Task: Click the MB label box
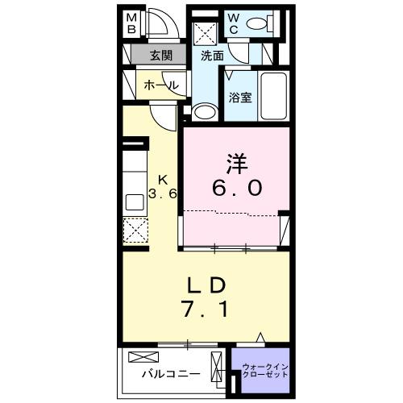click(x=132, y=24)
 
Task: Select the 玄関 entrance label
click(x=160, y=56)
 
